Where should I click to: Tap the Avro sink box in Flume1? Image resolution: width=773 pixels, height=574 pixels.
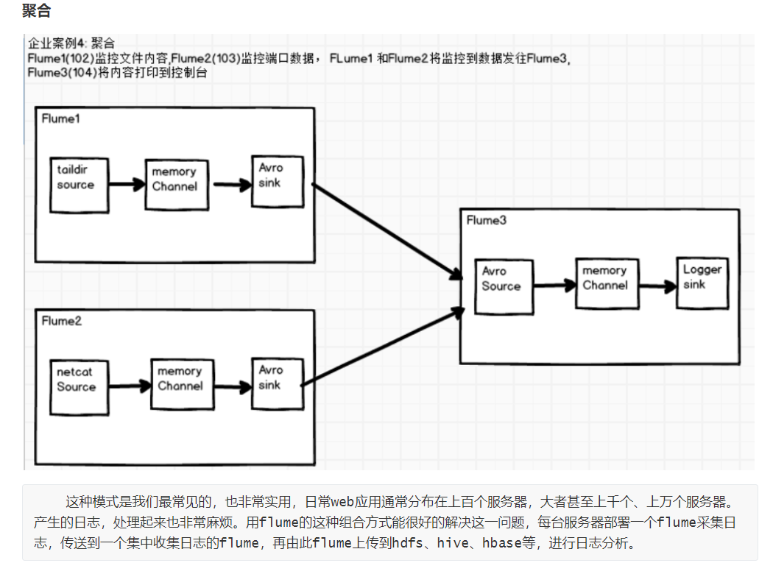(x=277, y=181)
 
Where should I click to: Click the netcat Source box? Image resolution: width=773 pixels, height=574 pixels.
(x=77, y=386)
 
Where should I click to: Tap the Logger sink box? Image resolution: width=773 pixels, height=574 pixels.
(x=702, y=283)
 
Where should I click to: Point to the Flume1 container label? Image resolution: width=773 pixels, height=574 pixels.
(x=60, y=118)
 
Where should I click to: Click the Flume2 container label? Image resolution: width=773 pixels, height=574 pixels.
(x=61, y=321)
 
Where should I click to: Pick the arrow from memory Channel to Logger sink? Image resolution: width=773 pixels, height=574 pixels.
(x=657, y=286)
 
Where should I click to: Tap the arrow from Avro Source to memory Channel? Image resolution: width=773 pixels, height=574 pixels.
(x=553, y=286)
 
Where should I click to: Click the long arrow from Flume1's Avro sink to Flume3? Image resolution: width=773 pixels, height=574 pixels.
(x=383, y=230)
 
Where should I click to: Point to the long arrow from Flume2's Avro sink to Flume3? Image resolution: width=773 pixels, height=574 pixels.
(x=383, y=347)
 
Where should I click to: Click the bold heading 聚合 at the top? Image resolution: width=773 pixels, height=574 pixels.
(x=37, y=11)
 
